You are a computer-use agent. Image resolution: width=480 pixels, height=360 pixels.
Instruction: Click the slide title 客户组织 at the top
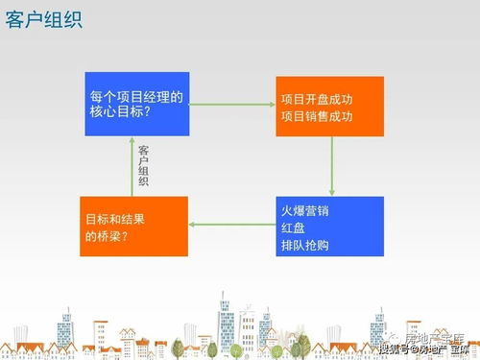pyautogui.click(x=43, y=19)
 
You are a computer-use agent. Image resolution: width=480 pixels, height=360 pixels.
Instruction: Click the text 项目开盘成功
pyautogui.click(x=317, y=99)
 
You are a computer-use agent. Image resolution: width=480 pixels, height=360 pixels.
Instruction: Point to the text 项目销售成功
pyautogui.click(x=317, y=116)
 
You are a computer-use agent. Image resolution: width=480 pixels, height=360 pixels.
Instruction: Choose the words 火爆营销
pyautogui.click(x=304, y=208)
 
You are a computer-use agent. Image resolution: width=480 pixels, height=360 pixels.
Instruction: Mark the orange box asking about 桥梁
pyautogui.click(x=134, y=226)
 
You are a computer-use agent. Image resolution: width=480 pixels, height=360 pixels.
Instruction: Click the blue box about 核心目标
pyautogui.click(x=135, y=104)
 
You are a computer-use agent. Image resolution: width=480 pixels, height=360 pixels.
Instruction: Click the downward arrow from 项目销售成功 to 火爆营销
pyautogui.click(x=331, y=165)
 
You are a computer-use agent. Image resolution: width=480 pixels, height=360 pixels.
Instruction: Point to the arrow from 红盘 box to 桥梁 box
pyautogui.click(x=232, y=225)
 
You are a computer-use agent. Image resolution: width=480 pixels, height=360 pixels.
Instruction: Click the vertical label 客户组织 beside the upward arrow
pyautogui.click(x=144, y=165)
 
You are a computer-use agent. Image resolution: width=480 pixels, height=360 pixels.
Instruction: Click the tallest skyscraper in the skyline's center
pyautogui.click(x=227, y=324)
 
